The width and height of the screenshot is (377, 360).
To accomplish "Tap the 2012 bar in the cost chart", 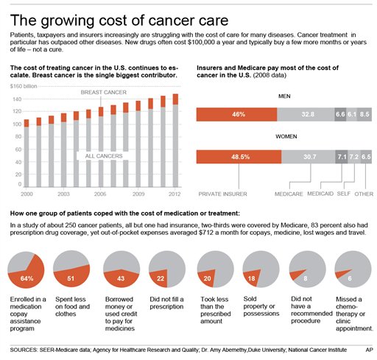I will pos(175,140).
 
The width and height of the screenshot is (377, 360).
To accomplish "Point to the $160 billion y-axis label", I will pos(24,87).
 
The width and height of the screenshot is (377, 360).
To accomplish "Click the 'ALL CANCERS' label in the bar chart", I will pos(99,155).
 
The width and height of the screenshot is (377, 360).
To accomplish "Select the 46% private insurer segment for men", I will pos(237,114).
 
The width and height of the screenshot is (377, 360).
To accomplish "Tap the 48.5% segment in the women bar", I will pos(239,156).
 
